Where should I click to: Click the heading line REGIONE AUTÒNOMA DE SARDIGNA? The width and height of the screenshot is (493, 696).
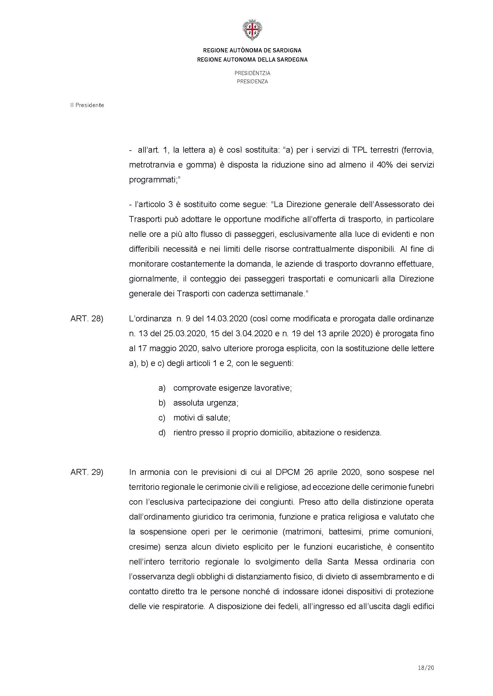(x=252, y=50)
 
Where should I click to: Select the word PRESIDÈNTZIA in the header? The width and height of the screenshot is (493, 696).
(x=252, y=73)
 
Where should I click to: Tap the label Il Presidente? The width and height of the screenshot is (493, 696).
(x=87, y=105)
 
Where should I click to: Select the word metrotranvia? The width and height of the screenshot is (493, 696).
(x=151, y=165)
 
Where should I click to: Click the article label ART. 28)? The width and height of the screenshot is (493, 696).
(x=87, y=319)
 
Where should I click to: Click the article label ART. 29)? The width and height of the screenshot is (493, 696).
(x=87, y=472)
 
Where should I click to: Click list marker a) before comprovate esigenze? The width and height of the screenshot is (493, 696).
(x=162, y=388)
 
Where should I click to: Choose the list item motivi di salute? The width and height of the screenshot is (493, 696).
(x=201, y=418)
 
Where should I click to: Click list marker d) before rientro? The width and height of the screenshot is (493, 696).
(x=162, y=433)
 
